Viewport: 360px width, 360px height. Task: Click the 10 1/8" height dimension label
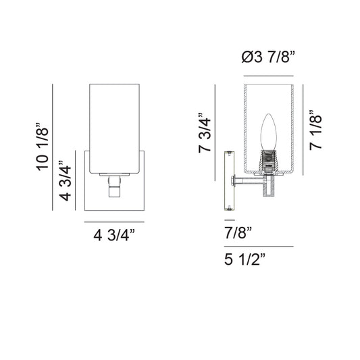43,147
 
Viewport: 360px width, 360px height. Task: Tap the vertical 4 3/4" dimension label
65,181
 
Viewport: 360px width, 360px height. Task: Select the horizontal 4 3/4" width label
114,235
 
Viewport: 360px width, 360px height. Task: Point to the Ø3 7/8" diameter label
268,57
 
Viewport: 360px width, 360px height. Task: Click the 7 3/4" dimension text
205,132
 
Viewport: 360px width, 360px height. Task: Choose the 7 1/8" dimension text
315,130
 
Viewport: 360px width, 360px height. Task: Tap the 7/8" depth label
238,232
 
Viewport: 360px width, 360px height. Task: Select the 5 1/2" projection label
245,259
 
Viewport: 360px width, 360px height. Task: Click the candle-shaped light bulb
268,132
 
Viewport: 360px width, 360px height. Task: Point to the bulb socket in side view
268,161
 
